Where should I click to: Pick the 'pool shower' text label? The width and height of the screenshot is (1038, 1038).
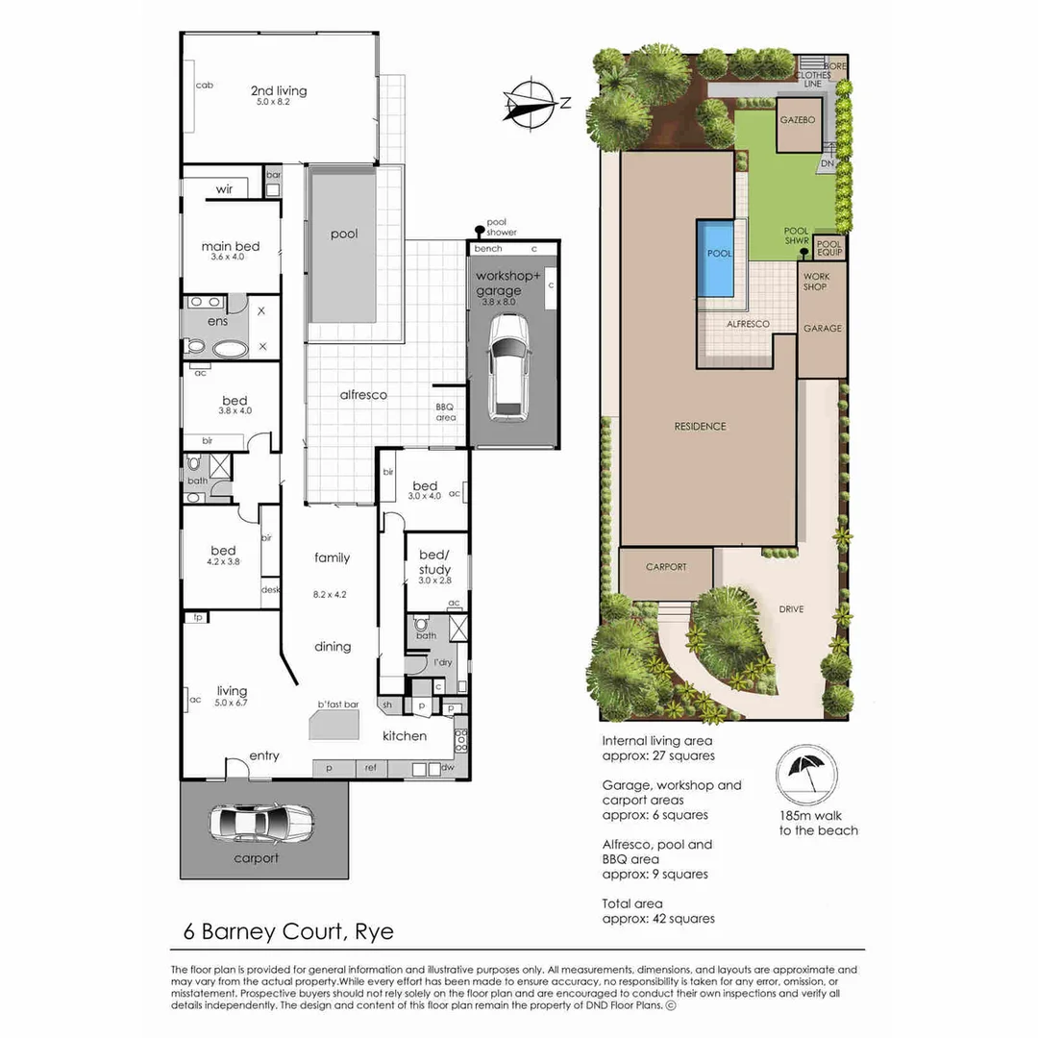[x=502, y=227]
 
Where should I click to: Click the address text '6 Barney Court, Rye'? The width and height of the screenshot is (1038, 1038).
[x=289, y=931]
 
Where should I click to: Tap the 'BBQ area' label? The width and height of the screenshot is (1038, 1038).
[x=446, y=411]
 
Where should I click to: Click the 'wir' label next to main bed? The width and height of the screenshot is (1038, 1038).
[x=224, y=189]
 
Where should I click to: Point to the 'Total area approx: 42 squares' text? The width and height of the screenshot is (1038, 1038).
[x=658, y=911]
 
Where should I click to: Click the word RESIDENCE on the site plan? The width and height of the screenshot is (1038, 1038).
[x=700, y=426]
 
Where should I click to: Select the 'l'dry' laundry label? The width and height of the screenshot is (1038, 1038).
[x=443, y=663]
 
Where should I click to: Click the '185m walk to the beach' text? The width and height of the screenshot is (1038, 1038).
[x=818, y=824]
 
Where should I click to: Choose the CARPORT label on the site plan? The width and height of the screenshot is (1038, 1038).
[x=666, y=567]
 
